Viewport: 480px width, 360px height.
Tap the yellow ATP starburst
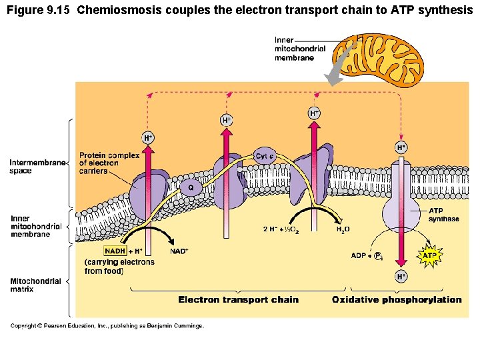(x=431, y=255)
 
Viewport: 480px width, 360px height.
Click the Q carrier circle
(x=191, y=188)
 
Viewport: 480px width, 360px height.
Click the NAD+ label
(x=179, y=251)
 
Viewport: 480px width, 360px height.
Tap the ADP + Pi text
(x=367, y=255)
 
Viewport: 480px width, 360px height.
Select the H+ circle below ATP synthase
(x=401, y=276)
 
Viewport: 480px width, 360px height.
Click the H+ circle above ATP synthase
(x=401, y=147)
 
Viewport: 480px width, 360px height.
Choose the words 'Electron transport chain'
(x=238, y=299)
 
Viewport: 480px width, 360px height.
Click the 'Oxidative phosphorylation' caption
(x=397, y=299)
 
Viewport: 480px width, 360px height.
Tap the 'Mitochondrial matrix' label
(x=35, y=285)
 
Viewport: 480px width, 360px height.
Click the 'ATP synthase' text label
(x=443, y=215)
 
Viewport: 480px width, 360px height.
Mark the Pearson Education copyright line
(x=107, y=325)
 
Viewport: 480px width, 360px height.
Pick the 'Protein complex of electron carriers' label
(x=109, y=163)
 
